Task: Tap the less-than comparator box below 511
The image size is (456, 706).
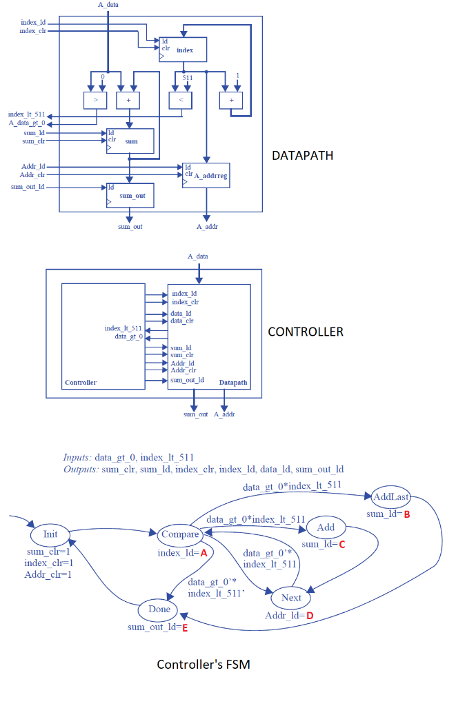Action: point(179,101)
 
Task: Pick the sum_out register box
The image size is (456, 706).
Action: point(130,196)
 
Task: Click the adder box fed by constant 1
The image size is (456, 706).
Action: point(231,101)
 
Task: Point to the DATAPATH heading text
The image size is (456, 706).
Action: point(302,156)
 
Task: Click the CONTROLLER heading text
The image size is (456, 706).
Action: point(305,332)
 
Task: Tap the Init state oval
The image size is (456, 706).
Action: point(50,534)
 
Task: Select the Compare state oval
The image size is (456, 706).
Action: point(180,534)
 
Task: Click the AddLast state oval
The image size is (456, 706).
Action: point(390,496)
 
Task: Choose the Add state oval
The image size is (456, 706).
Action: point(326,527)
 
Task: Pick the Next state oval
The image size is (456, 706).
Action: point(291,597)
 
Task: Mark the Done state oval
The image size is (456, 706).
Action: point(158,609)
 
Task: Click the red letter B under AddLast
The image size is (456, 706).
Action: point(407,514)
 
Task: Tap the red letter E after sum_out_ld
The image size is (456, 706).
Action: point(185,627)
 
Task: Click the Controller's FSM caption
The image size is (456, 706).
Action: point(204,665)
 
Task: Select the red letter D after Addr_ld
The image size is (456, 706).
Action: point(310,615)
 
